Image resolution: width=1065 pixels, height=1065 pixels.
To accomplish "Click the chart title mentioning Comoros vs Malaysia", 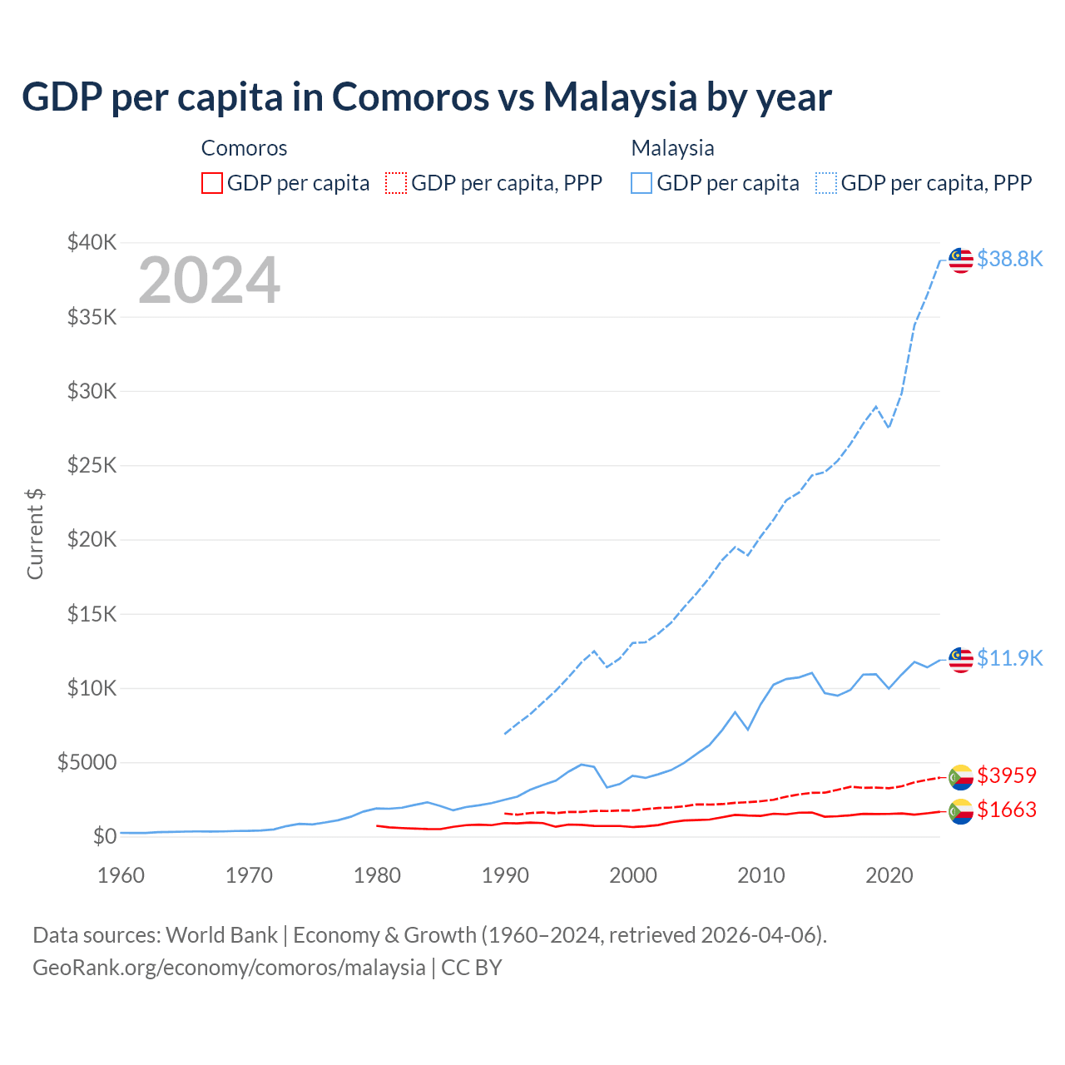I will tap(426, 97).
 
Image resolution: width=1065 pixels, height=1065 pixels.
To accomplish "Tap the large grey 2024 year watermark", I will tap(209, 280).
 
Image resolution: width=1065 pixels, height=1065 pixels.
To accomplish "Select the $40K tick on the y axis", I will tap(92, 242).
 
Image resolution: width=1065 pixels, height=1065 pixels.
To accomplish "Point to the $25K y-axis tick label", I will tap(92, 465).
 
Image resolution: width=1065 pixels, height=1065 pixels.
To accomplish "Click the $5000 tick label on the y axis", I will tap(87, 762).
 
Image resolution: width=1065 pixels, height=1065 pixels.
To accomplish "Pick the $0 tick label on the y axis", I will tap(104, 836).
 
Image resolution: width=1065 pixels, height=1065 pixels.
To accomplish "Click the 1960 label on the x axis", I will tap(121, 875).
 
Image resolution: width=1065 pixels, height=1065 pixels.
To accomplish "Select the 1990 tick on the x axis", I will tap(505, 875).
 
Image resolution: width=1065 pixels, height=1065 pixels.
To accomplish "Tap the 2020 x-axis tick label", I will tap(889, 875).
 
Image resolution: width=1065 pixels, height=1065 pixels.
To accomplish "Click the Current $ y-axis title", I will tap(35, 533).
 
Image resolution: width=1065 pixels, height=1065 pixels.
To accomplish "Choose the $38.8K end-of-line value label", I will tap(1009, 259).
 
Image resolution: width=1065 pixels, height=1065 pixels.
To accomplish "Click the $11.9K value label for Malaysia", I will tap(1009, 658).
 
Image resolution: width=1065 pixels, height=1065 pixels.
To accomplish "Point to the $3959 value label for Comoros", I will tap(1007, 775).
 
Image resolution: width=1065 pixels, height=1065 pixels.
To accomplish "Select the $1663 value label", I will tap(1007, 810).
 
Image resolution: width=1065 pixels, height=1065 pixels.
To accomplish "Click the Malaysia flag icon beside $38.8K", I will tap(961, 260).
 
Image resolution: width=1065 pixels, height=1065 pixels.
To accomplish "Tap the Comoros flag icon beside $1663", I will tap(961, 810).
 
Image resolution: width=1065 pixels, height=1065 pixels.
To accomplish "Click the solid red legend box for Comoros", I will tap(212, 183).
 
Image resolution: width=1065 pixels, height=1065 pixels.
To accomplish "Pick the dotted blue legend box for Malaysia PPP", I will tap(826, 183).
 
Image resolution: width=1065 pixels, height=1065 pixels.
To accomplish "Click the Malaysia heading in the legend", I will tap(672, 148).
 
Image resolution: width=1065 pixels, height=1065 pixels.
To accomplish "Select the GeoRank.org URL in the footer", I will tap(229, 968).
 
